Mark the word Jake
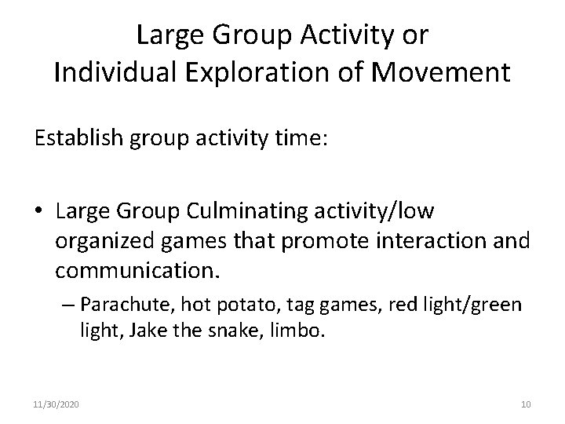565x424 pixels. (x=149, y=331)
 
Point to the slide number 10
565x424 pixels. (x=526, y=404)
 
